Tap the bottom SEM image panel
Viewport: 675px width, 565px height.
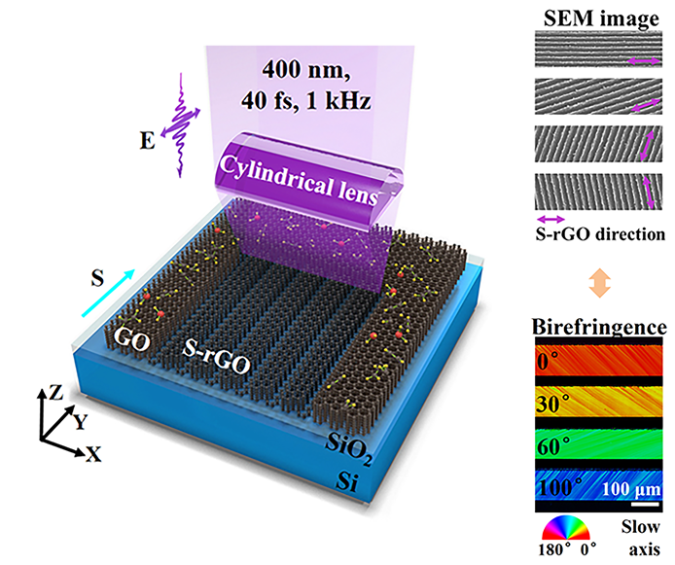[x=593, y=195]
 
